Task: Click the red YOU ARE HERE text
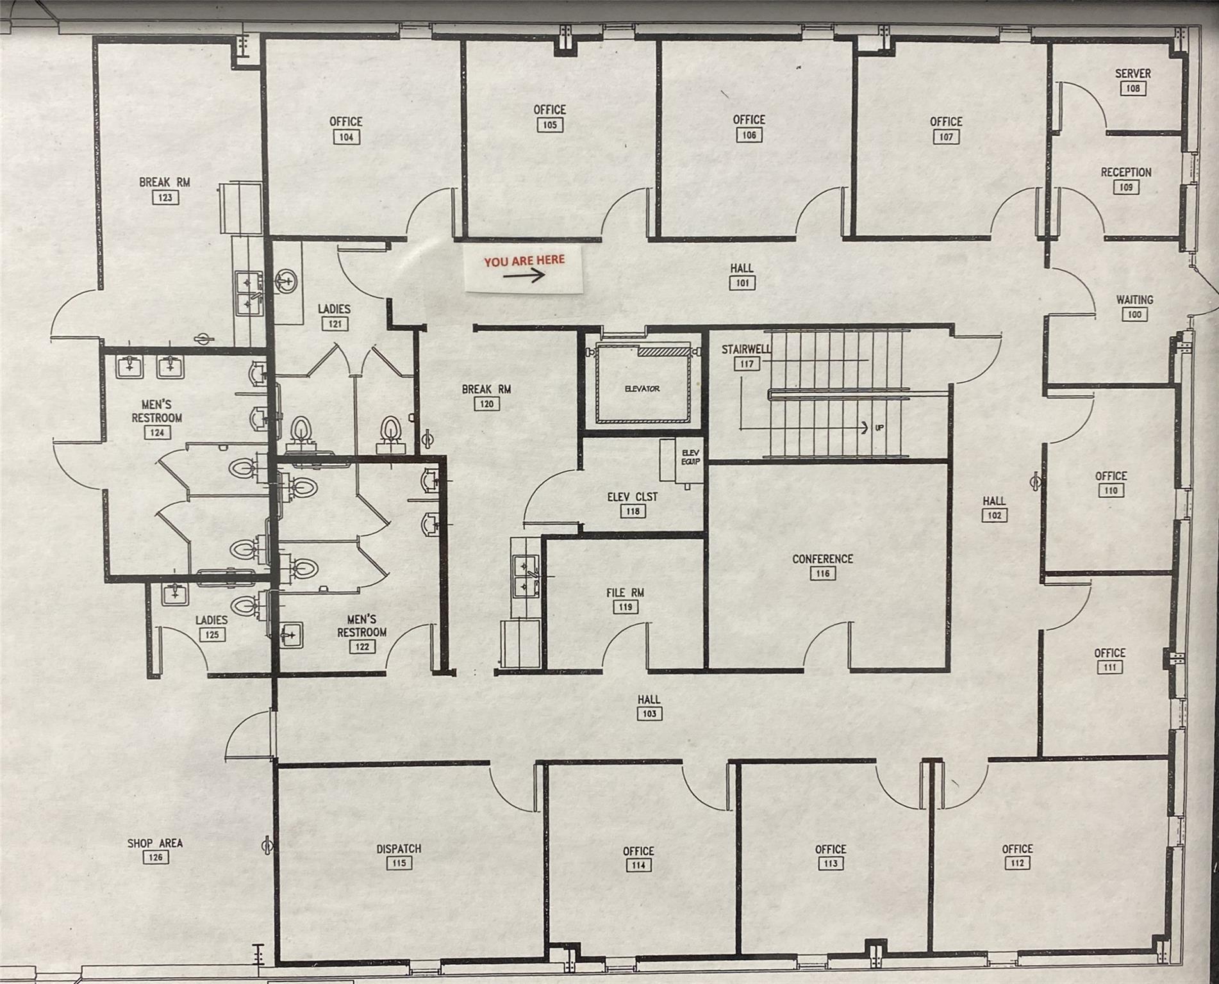tap(524, 261)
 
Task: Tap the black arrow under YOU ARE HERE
tap(524, 275)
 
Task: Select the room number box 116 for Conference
tap(822, 573)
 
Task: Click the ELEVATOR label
tap(642, 389)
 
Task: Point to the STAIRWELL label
tap(745, 349)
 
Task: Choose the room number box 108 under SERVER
tap(1132, 88)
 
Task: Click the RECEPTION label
tap(1126, 172)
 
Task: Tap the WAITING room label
tap(1134, 299)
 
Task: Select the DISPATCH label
tap(399, 848)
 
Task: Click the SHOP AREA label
tap(154, 843)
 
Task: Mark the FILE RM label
tap(625, 593)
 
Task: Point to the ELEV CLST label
tap(632, 496)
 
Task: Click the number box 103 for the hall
tap(649, 714)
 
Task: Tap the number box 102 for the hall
tap(994, 515)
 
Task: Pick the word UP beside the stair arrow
tap(879, 427)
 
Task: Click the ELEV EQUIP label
tap(690, 457)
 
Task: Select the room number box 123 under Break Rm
tap(165, 197)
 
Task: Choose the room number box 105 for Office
tap(549, 125)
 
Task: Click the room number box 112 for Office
tap(1017, 863)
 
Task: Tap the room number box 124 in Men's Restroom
tap(157, 432)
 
